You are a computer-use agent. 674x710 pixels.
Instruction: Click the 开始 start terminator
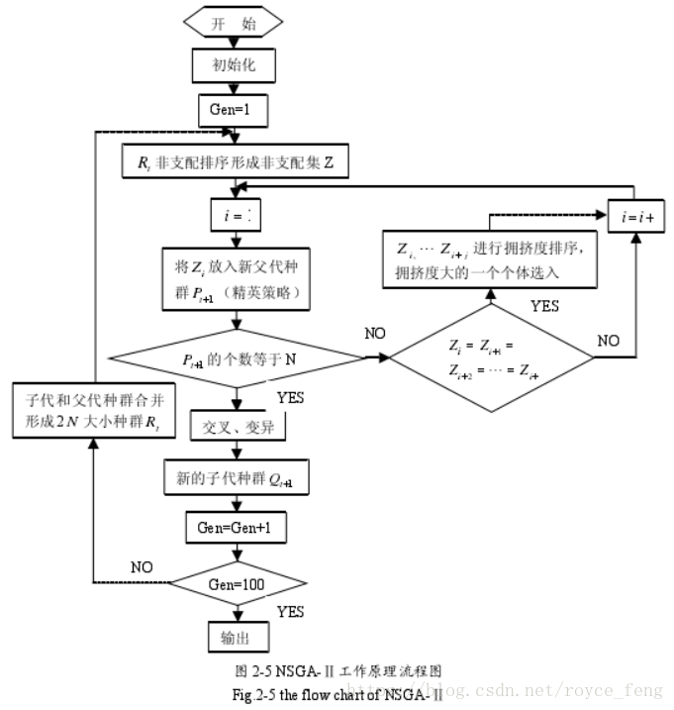coord(233,24)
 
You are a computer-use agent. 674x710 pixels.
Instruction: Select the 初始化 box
coord(233,66)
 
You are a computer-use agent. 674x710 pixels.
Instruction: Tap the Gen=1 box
coord(234,111)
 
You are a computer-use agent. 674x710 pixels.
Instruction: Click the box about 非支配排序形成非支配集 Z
coord(235,162)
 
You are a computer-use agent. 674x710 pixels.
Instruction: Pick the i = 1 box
coord(235,214)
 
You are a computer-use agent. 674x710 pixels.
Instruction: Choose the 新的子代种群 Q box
coord(235,479)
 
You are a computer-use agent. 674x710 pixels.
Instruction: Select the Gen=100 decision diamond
coord(235,583)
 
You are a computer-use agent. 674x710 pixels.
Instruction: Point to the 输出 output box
coord(234,637)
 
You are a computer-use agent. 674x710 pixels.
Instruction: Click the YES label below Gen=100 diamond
coord(290,610)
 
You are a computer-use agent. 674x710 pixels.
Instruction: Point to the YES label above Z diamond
coord(544,306)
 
